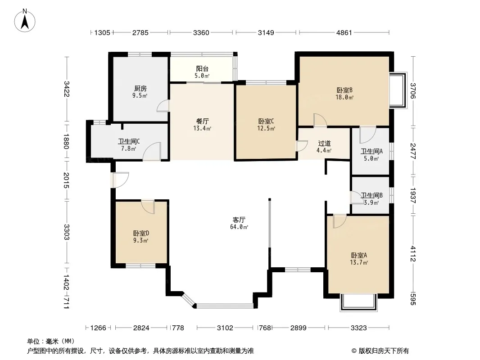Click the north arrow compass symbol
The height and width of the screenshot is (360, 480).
point(25,21)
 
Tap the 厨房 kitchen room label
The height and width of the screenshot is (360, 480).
point(140,88)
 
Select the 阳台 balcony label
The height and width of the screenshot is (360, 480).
point(202,68)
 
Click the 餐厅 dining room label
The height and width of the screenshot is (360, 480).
point(202,121)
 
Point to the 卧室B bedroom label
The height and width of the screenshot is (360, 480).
point(344,90)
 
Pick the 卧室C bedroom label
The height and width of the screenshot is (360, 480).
point(266,121)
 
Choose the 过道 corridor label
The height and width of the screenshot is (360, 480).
point(324,143)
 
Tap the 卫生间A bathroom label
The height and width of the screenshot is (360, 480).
point(371,151)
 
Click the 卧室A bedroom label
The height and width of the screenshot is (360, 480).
point(359,255)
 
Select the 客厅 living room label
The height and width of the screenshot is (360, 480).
point(239,220)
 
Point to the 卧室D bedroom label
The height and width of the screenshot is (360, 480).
point(141,233)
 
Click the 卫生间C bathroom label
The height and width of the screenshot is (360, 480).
point(129,141)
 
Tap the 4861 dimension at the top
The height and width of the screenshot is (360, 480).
point(344,32)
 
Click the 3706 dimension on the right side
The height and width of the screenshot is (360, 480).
point(413,91)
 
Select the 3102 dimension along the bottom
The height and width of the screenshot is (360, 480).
point(225,328)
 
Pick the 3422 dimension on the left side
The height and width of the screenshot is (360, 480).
point(67,89)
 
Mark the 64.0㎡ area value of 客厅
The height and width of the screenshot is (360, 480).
point(239,227)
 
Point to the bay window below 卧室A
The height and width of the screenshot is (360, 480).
point(358,302)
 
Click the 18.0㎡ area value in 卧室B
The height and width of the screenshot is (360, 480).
point(344,97)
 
